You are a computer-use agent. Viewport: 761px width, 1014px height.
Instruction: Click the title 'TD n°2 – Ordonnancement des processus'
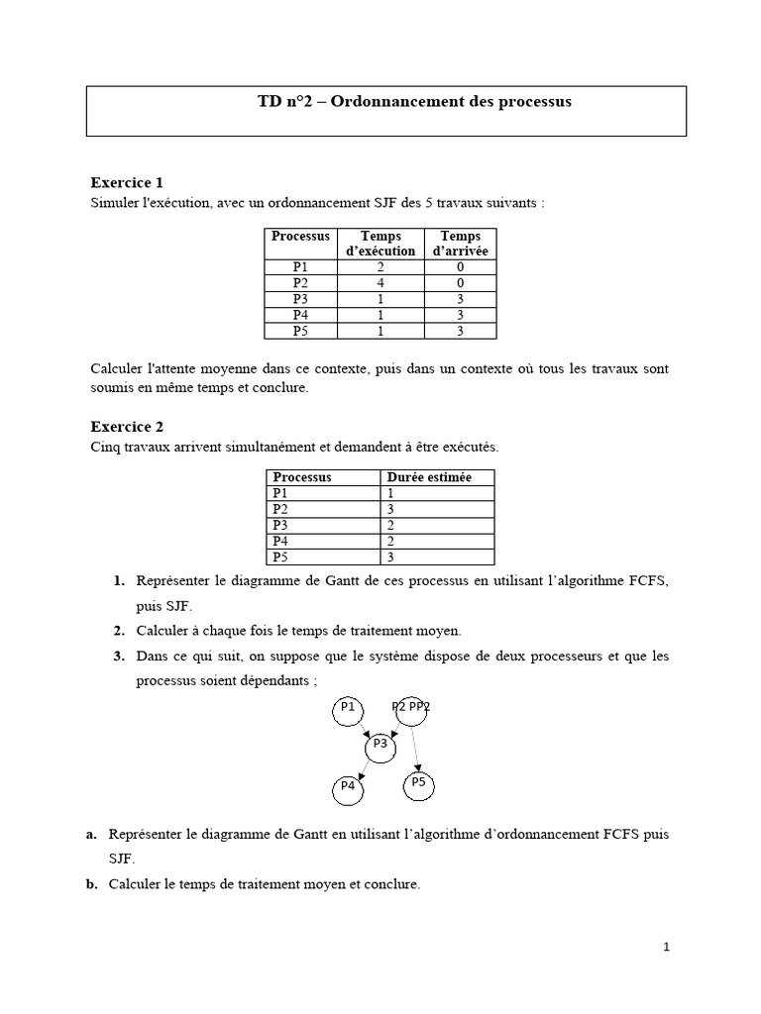pyautogui.click(x=414, y=102)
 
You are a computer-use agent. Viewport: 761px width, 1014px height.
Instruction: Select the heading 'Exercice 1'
pyautogui.click(x=127, y=182)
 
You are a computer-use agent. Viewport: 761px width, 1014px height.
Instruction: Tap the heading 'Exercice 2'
pyautogui.click(x=127, y=427)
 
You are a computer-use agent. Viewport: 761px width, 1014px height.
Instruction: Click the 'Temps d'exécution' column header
pyautogui.click(x=380, y=244)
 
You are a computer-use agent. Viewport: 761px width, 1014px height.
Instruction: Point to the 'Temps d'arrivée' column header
pyautogui.click(x=460, y=244)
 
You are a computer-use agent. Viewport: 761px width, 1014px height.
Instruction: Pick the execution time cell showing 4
pyautogui.click(x=380, y=282)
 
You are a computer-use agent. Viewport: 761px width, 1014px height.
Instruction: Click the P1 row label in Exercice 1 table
pyautogui.click(x=300, y=266)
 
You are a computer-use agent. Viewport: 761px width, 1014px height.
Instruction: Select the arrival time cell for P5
pyautogui.click(x=460, y=331)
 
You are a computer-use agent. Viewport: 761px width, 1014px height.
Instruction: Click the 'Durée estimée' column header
pyautogui.click(x=428, y=477)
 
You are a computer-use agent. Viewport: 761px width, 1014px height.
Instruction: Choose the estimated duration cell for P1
pyautogui.click(x=392, y=492)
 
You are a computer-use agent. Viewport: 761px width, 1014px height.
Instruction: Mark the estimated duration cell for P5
pyautogui.click(x=392, y=557)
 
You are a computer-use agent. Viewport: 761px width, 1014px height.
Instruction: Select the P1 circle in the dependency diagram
pyautogui.click(x=348, y=709)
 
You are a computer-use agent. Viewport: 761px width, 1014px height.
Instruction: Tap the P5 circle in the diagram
pyautogui.click(x=418, y=783)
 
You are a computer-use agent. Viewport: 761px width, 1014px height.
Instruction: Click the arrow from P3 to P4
pyautogui.click(x=362, y=767)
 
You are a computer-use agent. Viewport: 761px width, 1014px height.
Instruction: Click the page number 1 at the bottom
pyautogui.click(x=667, y=947)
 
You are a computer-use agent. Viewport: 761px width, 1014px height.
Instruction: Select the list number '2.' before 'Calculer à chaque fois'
pyautogui.click(x=118, y=631)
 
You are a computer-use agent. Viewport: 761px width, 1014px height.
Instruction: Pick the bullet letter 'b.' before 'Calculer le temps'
pyautogui.click(x=92, y=885)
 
